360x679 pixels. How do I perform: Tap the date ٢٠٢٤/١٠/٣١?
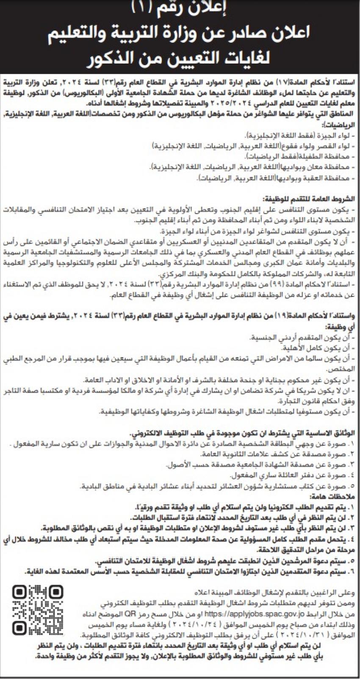click(x=296, y=636)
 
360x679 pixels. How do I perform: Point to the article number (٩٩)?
click(x=283, y=283)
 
